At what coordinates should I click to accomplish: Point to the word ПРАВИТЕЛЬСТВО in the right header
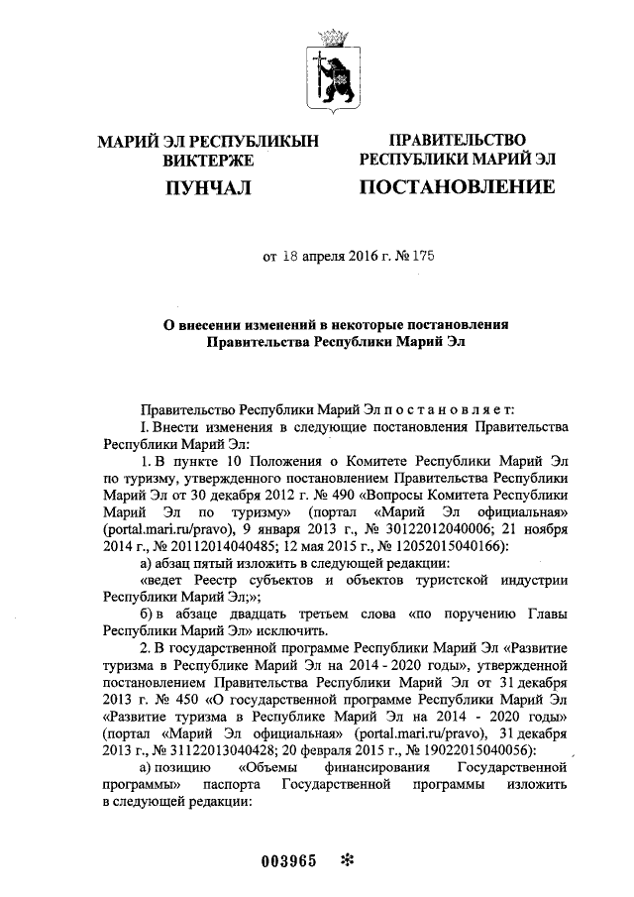[457, 141]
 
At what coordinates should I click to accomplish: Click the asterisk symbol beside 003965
[346, 859]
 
